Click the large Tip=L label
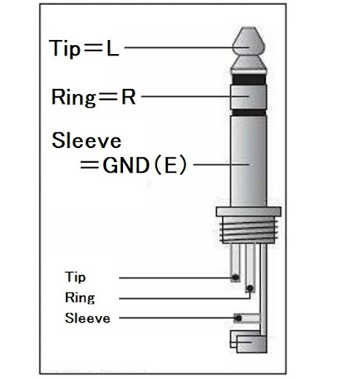point(84,48)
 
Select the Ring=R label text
point(93,97)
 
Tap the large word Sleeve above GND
point(87,140)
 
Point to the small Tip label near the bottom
point(76,277)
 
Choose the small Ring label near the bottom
point(80,298)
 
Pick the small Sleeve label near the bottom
point(87,318)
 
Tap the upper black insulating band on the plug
point(249,79)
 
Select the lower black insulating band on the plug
point(249,113)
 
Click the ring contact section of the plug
point(249,97)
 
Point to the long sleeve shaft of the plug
point(248,161)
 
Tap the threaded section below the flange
point(249,230)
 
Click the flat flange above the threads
point(249,212)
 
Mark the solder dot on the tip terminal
point(236,278)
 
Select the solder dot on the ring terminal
point(250,288)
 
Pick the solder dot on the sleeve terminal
point(238,318)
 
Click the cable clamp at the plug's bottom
point(249,342)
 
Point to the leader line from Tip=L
point(187,47)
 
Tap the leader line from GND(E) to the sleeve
point(221,164)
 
